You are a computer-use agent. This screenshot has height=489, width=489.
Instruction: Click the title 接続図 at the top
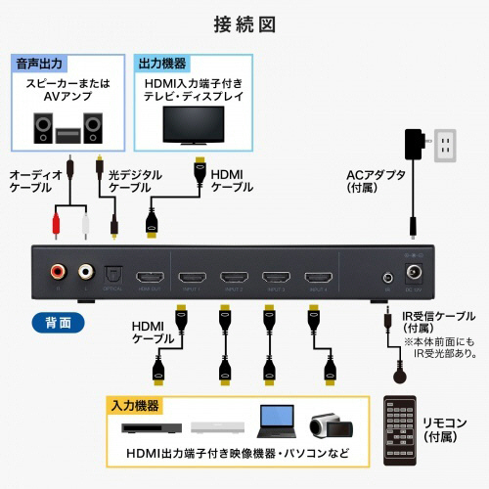(x=244, y=21)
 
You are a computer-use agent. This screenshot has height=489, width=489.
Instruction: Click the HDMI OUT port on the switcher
(x=150, y=277)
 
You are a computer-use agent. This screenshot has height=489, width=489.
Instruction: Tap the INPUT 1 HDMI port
(x=193, y=277)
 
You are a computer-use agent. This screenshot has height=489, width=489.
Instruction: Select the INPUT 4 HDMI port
(x=320, y=277)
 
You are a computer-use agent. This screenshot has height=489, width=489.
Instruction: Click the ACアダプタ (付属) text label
(x=371, y=183)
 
